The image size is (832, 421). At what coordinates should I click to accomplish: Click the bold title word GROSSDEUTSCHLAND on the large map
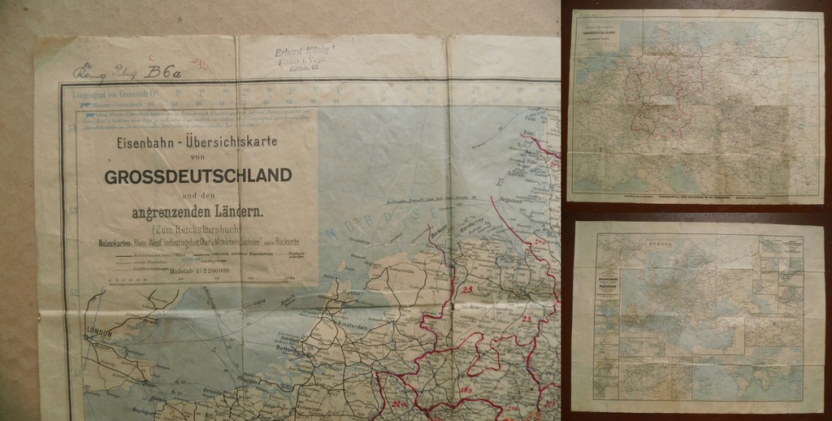coord(198,176)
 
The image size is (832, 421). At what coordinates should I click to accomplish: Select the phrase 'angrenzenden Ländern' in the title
coord(198,213)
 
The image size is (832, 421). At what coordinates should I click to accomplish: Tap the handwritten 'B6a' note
coord(162,73)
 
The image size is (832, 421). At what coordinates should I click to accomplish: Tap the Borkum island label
coord(440,231)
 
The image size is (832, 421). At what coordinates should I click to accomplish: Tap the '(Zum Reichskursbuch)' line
coord(197,229)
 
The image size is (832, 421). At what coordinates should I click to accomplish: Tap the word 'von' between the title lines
coord(198,157)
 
